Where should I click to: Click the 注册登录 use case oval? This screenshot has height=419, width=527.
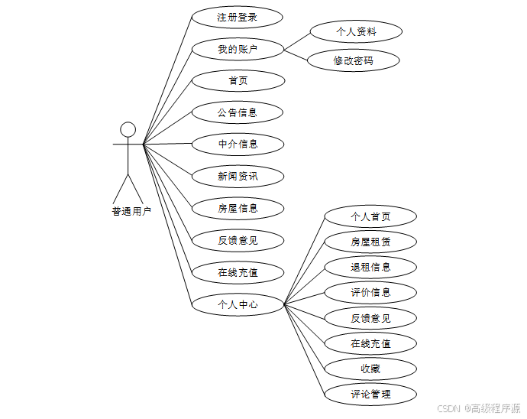[x=238, y=17]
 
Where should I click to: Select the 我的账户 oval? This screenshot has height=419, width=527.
[x=238, y=49]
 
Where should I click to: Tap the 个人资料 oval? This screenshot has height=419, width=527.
[x=356, y=32]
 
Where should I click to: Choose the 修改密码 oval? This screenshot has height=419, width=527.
[x=354, y=60]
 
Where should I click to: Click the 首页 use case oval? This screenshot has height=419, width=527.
[x=238, y=80]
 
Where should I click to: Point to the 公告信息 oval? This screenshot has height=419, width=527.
[x=238, y=112]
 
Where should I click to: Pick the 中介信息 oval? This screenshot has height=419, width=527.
[x=238, y=144]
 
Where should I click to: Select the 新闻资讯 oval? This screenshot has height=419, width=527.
[x=238, y=176]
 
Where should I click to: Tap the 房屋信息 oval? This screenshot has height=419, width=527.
[x=238, y=208]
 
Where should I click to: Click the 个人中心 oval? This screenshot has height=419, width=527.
[x=238, y=304]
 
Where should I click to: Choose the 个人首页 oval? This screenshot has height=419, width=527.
[x=370, y=216]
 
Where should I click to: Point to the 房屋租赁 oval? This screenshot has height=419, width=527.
[x=370, y=242]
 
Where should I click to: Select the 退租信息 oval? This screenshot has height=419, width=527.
[x=370, y=267]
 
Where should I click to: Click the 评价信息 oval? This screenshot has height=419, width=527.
[x=370, y=292]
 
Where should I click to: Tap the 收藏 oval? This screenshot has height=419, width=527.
[x=370, y=369]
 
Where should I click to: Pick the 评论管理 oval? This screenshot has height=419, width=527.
[x=370, y=394]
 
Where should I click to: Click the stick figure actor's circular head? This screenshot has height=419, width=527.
[x=128, y=128]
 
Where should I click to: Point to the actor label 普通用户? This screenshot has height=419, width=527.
[x=131, y=212]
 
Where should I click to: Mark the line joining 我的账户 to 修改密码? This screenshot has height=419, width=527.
[x=296, y=54]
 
